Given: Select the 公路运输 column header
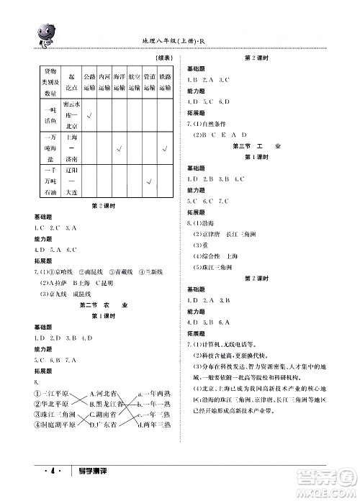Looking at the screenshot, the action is click(89, 81).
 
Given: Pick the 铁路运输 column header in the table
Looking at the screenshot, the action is click(165, 81).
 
